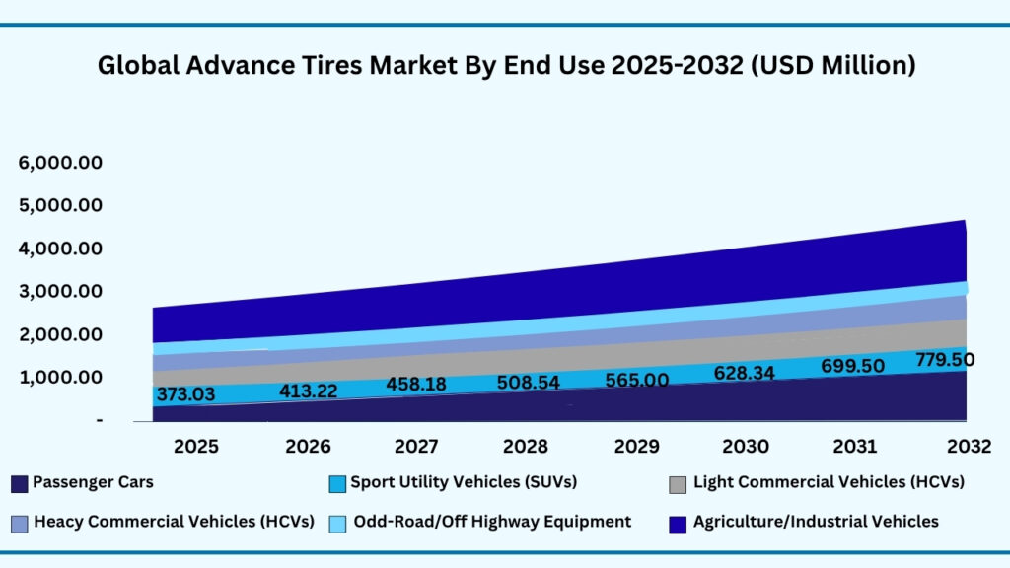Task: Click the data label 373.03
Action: pos(187,394)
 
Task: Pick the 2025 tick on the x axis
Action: pos(196,446)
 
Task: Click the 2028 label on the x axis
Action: pos(528,446)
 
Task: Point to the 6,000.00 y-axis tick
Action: pos(60,163)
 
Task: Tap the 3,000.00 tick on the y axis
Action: pos(60,291)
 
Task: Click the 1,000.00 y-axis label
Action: pos(60,377)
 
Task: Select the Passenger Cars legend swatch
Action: pos(19,484)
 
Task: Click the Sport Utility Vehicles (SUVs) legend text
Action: pos(463,483)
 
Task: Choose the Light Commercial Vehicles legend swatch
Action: pos(678,484)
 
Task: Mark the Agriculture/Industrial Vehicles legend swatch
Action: pos(678,523)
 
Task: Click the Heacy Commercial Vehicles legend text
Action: pos(174,521)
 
